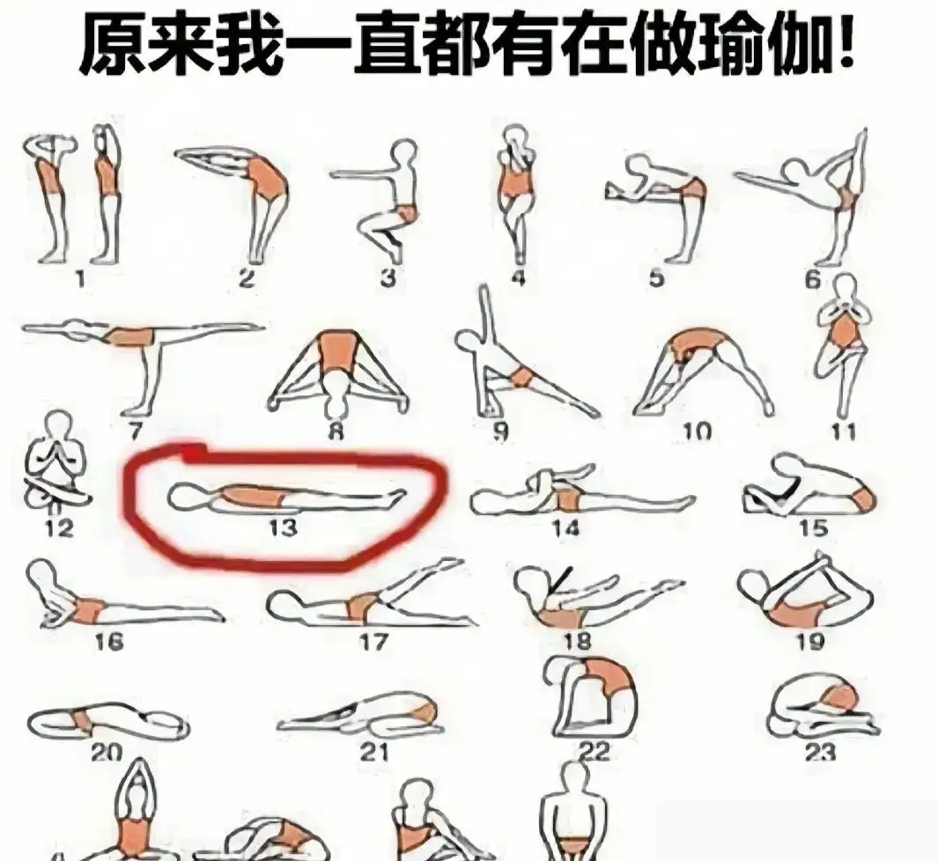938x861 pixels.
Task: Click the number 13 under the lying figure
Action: tap(283, 528)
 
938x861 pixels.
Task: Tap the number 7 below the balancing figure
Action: tap(136, 430)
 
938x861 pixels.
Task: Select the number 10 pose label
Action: tap(697, 430)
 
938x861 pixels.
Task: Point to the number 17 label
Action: tap(374, 642)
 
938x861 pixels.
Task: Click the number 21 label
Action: tap(374, 752)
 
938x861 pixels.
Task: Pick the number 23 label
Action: tap(820, 751)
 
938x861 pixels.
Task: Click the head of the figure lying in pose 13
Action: tap(186, 497)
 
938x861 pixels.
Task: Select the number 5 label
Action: tap(656, 278)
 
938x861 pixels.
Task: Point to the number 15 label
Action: tap(813, 528)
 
